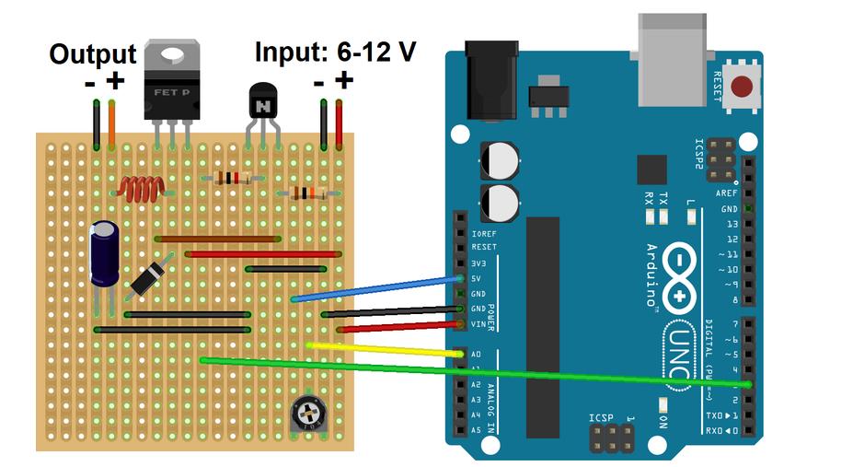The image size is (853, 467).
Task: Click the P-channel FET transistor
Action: point(172,88)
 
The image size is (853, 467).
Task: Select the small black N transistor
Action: point(263,102)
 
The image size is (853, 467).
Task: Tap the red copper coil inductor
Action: point(139,190)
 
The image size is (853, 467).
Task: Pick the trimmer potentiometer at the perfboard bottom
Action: point(308,415)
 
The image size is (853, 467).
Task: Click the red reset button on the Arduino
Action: point(742,88)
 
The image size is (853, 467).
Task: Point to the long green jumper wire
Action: point(478,371)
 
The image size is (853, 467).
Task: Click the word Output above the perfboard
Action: point(92,54)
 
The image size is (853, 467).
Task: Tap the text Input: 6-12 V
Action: point(335,52)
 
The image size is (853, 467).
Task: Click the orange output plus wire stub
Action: point(112,124)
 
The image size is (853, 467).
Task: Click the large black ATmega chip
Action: point(543,327)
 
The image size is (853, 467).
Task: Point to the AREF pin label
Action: point(726,194)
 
